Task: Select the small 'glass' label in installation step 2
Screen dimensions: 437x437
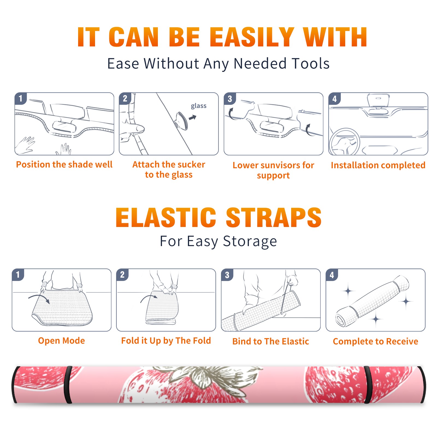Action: point(199,106)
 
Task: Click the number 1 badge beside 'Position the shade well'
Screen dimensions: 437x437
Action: point(20,98)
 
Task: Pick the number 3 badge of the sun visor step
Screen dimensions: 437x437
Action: point(230,99)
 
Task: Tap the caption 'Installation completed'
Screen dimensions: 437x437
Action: point(378,165)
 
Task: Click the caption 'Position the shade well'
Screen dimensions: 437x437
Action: point(64,164)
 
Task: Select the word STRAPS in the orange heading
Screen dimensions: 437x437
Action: point(274,217)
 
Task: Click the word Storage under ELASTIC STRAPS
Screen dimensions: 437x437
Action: point(250,241)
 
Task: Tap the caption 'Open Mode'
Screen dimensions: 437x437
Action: point(61,341)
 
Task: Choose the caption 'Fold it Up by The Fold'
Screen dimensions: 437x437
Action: point(166,341)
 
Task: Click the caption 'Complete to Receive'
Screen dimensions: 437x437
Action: point(376,341)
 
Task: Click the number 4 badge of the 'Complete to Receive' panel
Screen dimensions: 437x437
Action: point(332,275)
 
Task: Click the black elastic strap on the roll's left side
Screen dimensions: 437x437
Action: point(68,385)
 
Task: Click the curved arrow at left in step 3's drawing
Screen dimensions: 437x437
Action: point(231,114)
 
